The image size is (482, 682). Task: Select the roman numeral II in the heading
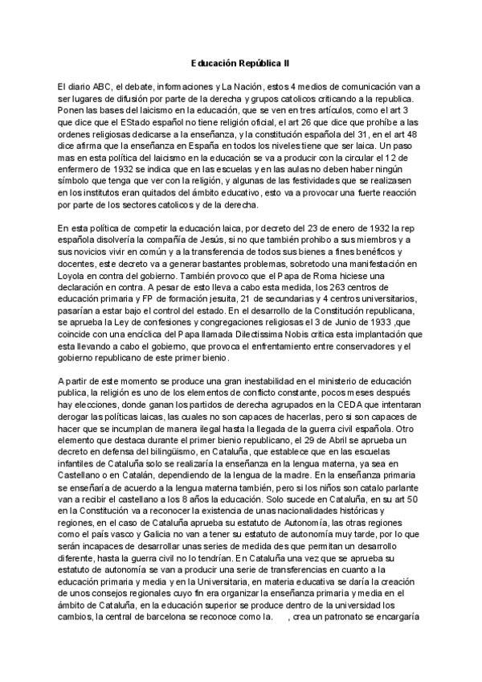coord(287,62)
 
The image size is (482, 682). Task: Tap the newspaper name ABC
coord(102,87)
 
